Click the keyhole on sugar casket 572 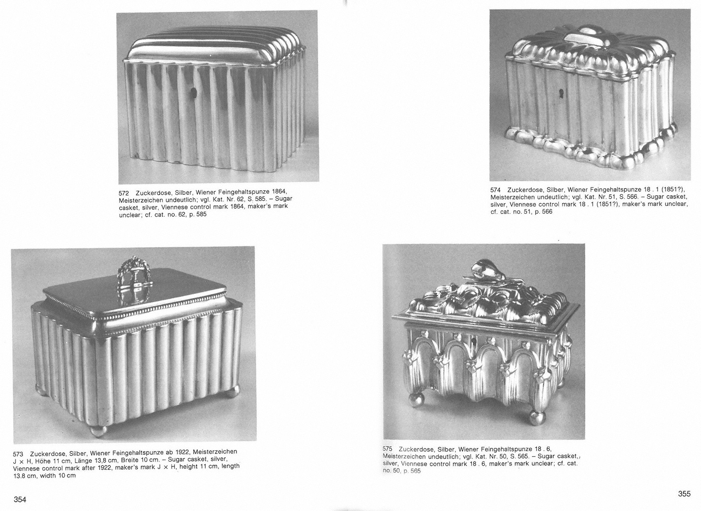[x=194, y=93]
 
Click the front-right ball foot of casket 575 [x=538, y=418]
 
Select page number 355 [x=684, y=494]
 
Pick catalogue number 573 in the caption [x=19, y=454]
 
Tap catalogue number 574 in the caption [x=496, y=190]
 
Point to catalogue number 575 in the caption [x=388, y=449]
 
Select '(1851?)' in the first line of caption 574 [x=673, y=190]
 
